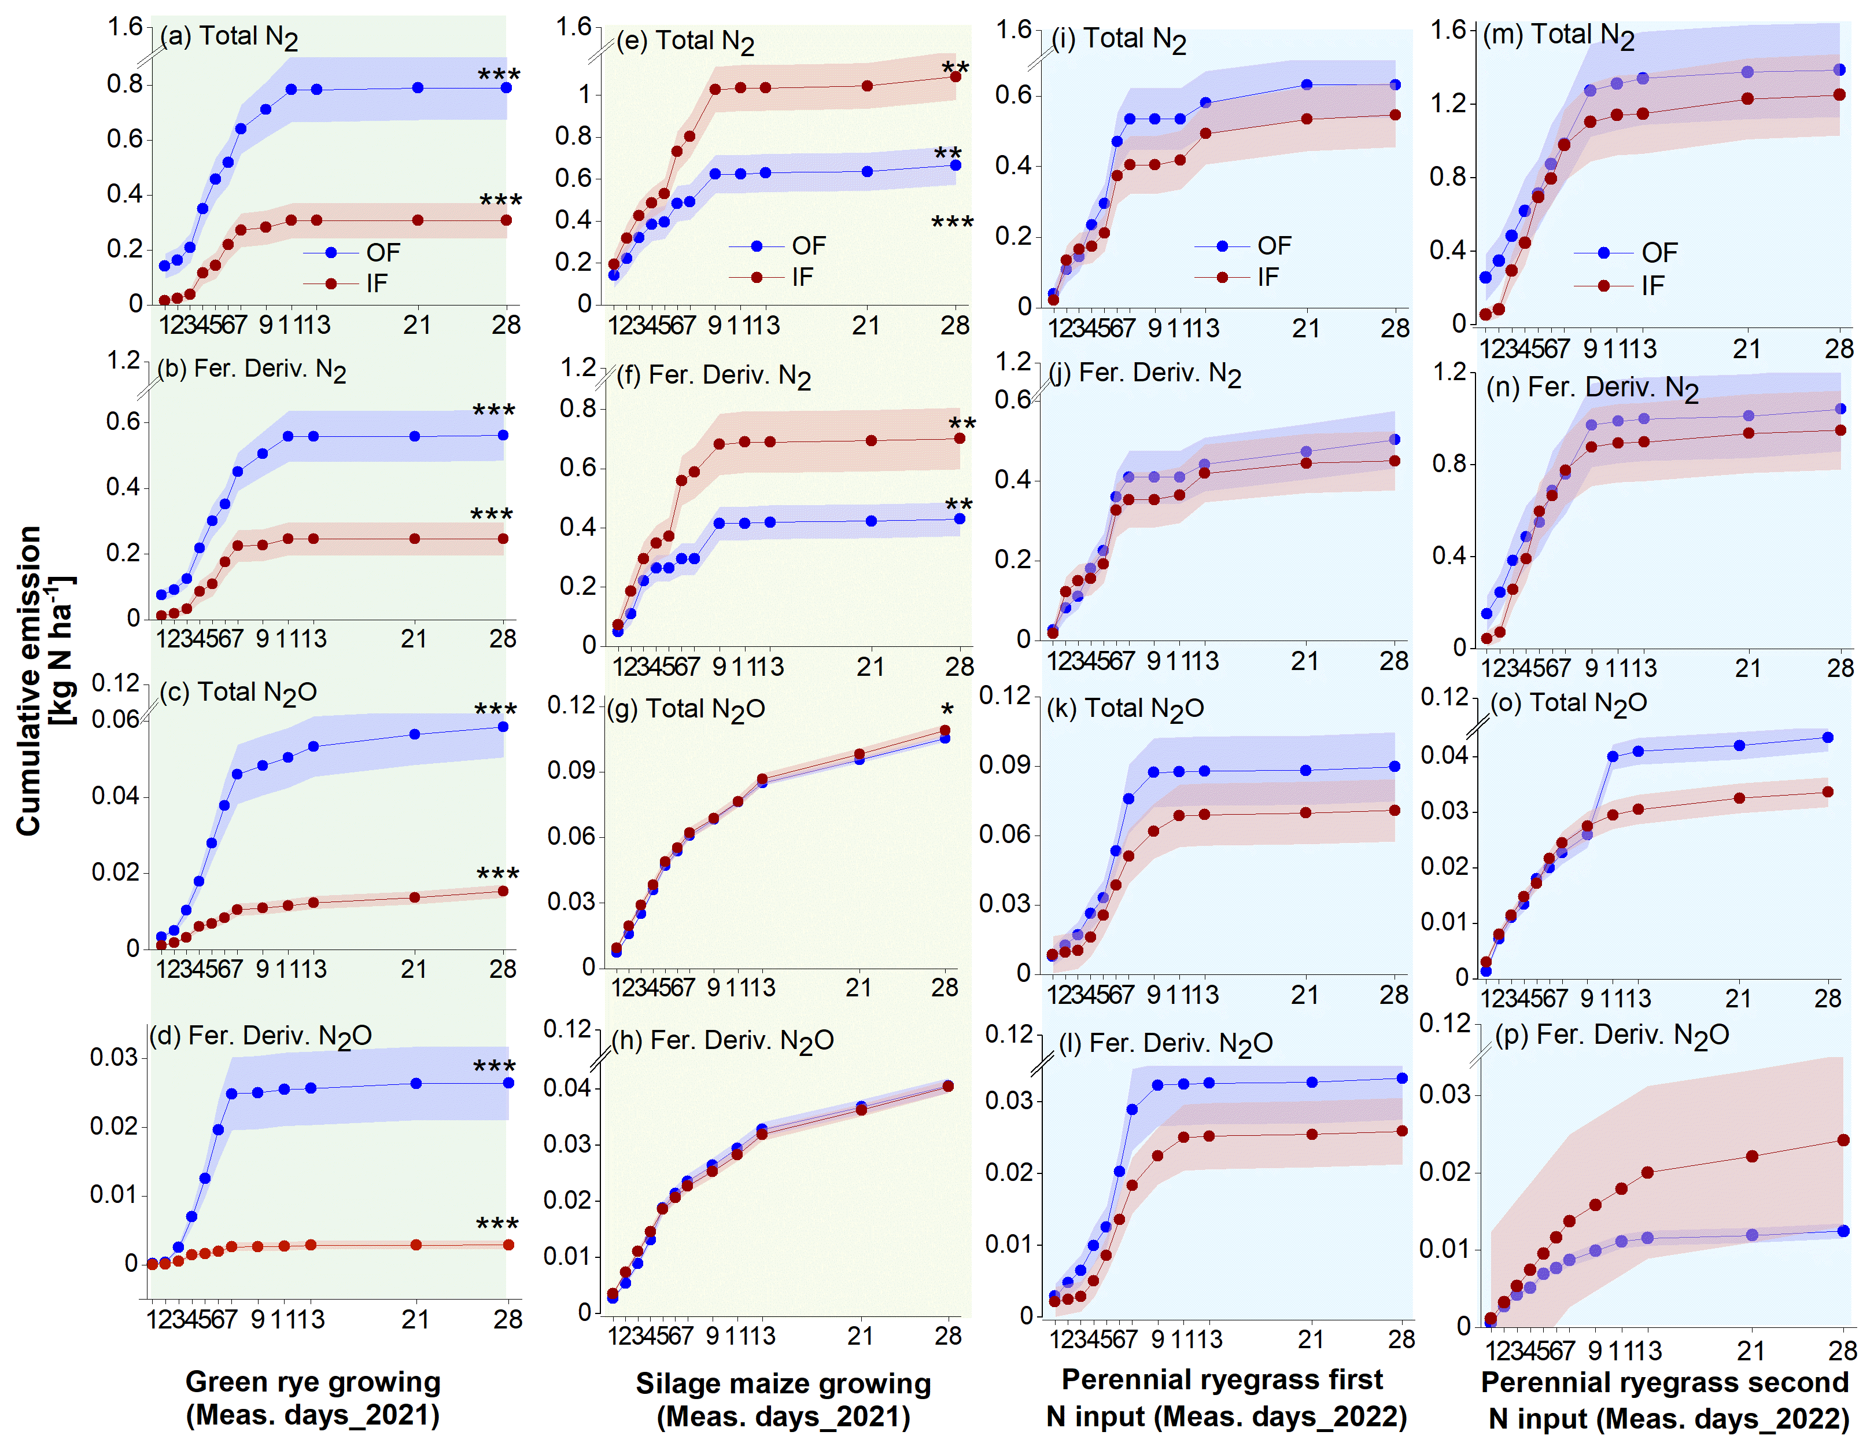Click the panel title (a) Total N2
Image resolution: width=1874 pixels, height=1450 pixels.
[229, 37]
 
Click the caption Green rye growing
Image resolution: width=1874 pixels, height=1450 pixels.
[312, 1381]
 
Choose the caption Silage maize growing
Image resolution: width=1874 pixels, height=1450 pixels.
[783, 1383]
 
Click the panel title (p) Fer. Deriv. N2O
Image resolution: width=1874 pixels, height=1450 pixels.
[1611, 1035]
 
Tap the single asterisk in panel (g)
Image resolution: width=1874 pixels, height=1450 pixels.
[946, 710]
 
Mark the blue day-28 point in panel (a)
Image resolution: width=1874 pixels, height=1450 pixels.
[506, 87]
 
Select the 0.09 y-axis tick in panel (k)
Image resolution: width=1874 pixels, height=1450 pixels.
[1004, 765]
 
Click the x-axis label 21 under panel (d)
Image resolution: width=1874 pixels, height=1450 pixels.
[415, 1319]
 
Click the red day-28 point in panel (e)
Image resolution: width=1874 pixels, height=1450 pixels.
[955, 76]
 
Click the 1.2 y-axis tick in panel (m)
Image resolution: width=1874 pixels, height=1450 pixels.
[1448, 104]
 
